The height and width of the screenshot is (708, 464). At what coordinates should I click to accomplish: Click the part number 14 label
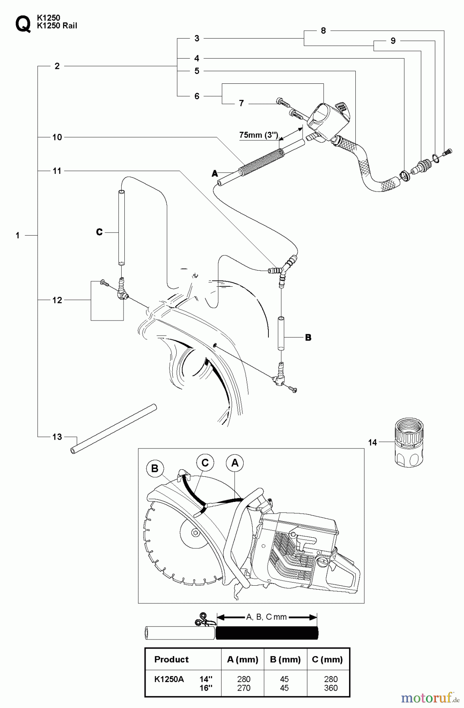click(x=372, y=442)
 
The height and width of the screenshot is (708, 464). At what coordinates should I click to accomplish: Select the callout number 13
click(x=57, y=437)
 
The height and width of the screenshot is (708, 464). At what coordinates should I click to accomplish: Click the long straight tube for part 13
click(x=114, y=429)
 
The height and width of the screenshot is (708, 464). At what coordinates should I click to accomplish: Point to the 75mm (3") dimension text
click(x=259, y=135)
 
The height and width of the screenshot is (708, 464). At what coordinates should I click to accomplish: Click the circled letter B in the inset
click(x=155, y=468)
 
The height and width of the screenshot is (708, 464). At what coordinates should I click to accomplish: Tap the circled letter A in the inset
click(x=235, y=463)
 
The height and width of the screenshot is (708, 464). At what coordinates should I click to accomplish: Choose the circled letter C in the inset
click(x=205, y=463)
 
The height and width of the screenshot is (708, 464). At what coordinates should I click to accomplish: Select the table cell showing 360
click(x=331, y=688)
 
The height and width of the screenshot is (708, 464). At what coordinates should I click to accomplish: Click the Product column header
click(x=171, y=659)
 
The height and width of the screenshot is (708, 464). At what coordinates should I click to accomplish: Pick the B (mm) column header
click(x=285, y=659)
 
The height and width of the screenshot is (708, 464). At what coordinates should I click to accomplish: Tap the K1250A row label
click(x=169, y=679)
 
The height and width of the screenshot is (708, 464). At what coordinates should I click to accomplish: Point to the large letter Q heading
click(x=22, y=24)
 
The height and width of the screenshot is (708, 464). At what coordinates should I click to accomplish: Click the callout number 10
click(x=57, y=137)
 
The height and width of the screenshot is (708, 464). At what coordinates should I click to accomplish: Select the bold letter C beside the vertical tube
click(x=99, y=232)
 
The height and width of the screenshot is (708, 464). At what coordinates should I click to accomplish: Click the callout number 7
click(x=241, y=103)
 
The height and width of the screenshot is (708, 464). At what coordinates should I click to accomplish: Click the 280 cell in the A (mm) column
click(x=244, y=679)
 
